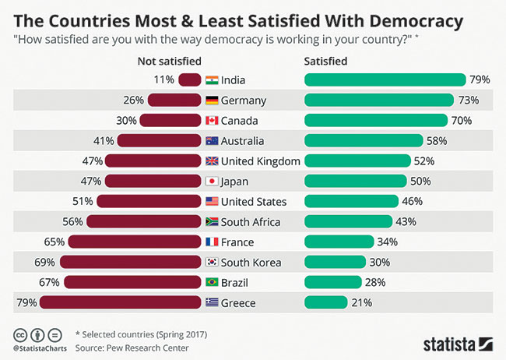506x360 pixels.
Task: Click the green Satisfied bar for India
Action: coord(385,79)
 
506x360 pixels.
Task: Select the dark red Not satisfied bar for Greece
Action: coord(121,302)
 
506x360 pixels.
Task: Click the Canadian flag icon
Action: coord(211,120)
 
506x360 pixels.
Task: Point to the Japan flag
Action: coord(211,181)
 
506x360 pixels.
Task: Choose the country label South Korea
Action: coord(251,262)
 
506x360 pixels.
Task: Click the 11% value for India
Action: coord(164,79)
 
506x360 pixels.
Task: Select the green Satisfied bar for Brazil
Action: coord(332,282)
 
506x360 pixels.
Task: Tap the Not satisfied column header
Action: coord(168,60)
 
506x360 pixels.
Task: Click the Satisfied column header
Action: coord(326,60)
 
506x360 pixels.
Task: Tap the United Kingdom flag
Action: coord(211,161)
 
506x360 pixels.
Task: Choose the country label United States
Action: coord(254,201)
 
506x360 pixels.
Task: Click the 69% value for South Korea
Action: coord(45,262)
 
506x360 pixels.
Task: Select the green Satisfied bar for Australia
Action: coord(363,140)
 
